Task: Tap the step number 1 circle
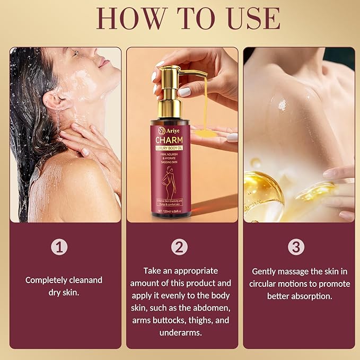click(59, 247)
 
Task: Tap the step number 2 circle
click(180, 247)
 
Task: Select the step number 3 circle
click(296, 247)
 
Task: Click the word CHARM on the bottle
click(170, 139)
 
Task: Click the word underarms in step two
click(180, 332)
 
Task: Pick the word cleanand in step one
click(83, 280)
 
